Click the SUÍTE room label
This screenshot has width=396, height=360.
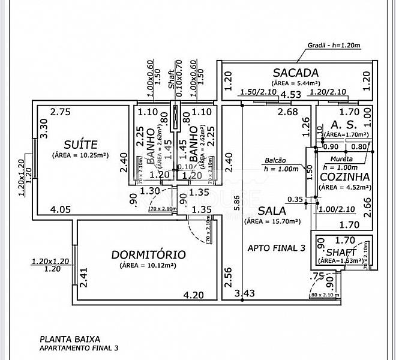pyautogui.click(x=81, y=144)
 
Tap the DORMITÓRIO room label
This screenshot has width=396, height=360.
pyautogui.click(x=149, y=254)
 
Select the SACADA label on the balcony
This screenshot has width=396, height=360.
pyautogui.click(x=295, y=73)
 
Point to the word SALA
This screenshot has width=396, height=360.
pyautogui.click(x=271, y=211)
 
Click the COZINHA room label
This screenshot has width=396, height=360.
pyautogui.click(x=344, y=177)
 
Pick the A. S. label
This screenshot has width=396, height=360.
pyautogui.click(x=340, y=124)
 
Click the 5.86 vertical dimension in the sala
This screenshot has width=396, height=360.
pyautogui.click(x=237, y=203)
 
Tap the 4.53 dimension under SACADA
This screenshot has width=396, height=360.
pyautogui.click(x=291, y=94)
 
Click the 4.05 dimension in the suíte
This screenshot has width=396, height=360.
pyautogui.click(x=61, y=210)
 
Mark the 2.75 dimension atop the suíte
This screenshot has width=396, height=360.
pyautogui.click(x=61, y=112)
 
